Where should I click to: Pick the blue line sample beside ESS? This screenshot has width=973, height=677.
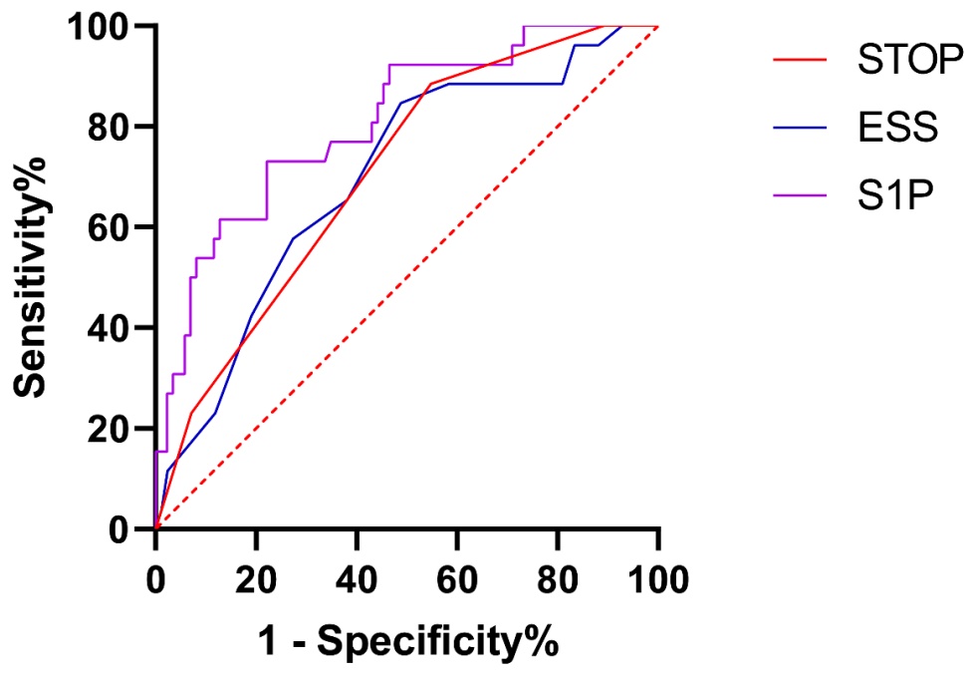tap(801, 128)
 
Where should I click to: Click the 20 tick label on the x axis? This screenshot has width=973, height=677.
tap(256, 576)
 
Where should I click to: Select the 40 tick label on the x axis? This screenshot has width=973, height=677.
tap(357, 576)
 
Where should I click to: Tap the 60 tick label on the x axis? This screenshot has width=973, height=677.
tap(457, 576)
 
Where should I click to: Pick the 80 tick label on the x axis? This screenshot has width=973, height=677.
tap(558, 576)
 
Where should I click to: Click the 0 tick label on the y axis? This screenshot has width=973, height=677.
tap(125, 529)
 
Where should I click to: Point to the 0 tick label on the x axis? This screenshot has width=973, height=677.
tap(155, 576)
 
